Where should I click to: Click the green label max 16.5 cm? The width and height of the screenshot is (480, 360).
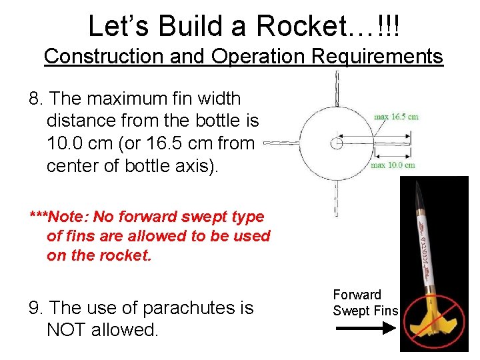point(396,117)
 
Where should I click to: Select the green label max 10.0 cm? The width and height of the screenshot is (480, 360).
point(393,165)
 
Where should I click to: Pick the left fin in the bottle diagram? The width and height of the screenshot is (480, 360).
point(280,143)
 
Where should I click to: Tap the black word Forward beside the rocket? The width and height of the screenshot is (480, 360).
point(357,294)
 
